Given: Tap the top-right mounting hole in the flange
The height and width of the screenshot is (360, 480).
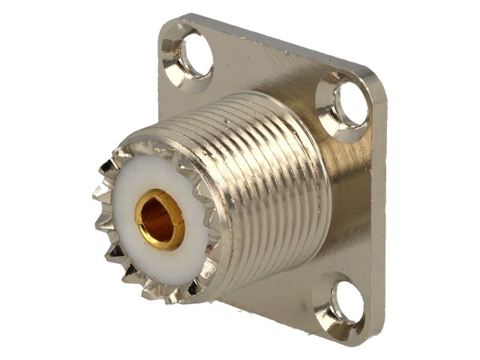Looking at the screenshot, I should click(349, 103).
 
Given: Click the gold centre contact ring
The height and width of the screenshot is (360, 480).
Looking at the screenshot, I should click(159, 220).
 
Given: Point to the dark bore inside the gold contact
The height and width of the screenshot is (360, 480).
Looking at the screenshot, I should click(160, 220).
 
